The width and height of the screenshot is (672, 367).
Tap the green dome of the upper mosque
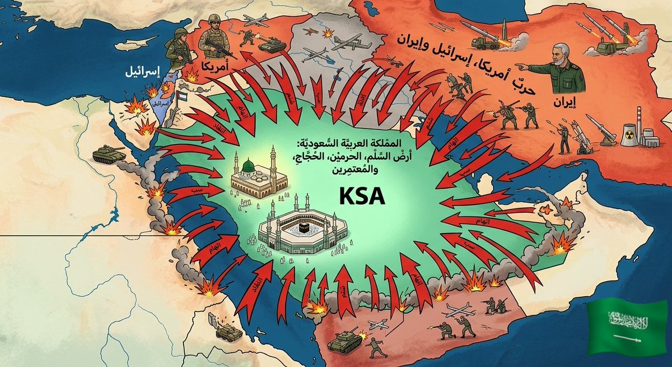pyautogui.click(x=248, y=165)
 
